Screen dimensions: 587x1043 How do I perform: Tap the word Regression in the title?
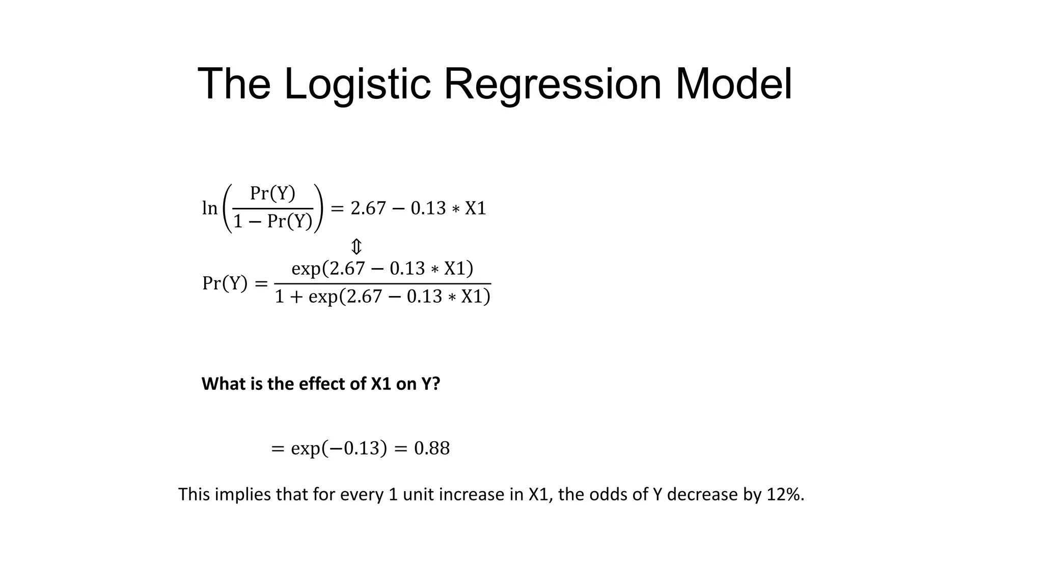553,84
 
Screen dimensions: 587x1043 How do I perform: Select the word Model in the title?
733,84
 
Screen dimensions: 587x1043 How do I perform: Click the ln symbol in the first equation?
210,208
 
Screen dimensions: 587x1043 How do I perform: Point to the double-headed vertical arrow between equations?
356,247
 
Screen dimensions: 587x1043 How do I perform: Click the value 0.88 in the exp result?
432,448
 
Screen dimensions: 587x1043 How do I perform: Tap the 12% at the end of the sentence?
785,494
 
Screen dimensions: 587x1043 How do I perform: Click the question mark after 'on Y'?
436,384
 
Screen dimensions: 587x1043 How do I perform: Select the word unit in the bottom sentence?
417,494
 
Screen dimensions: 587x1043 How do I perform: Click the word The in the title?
234,84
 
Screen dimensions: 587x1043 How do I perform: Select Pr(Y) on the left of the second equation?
225,283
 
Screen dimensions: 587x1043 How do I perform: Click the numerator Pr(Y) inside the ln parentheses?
272,194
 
